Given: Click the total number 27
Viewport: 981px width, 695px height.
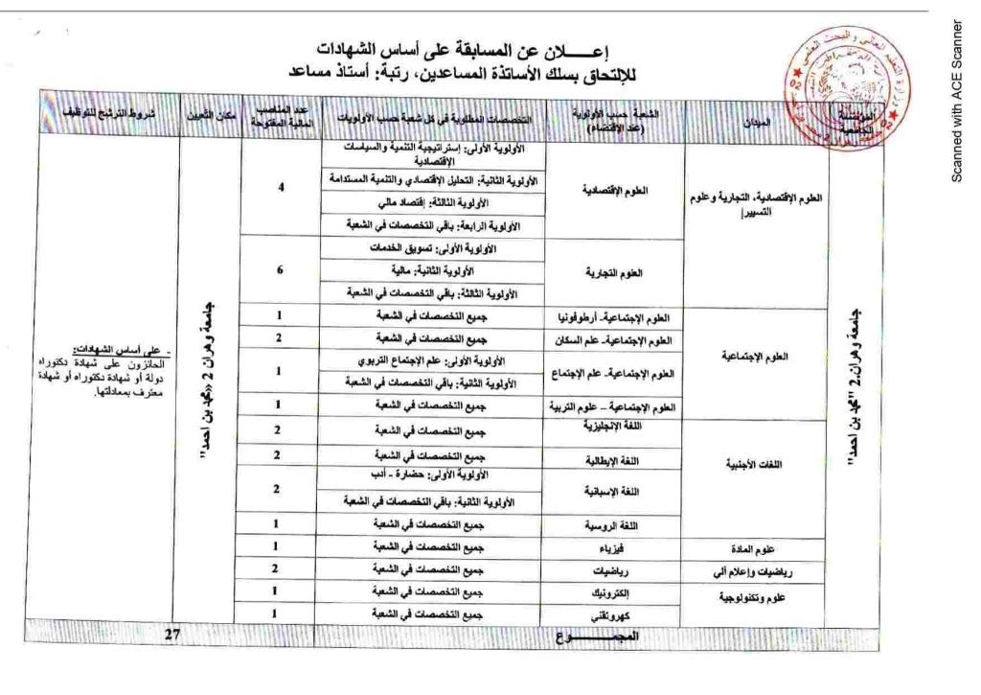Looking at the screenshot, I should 172,634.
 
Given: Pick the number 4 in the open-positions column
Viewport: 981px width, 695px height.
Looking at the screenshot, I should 280,188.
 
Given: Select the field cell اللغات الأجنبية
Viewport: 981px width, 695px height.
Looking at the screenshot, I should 756,466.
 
